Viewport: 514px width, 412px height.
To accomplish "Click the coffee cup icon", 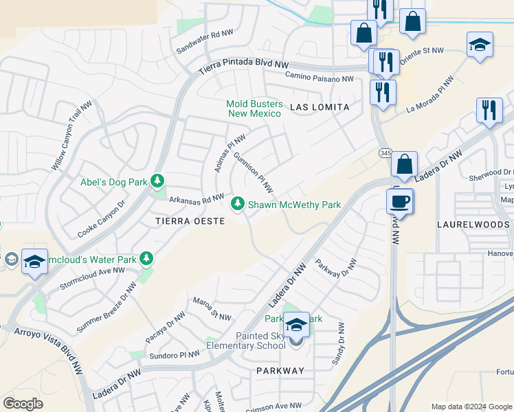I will tap(399, 201).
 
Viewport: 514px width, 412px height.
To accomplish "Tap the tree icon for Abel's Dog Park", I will tap(158, 181).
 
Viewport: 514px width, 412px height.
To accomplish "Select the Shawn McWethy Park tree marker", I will tap(238, 204).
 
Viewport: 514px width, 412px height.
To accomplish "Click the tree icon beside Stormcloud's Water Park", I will tap(146, 258).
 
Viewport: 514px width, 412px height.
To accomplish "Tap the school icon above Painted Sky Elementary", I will tap(296, 323).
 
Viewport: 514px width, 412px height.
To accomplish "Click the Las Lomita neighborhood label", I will tap(320, 108).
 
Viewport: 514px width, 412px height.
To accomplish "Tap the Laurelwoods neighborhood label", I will tap(473, 225).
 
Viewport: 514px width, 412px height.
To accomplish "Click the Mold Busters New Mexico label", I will tap(254, 108).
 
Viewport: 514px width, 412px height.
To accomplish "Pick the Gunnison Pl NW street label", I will tap(254, 172).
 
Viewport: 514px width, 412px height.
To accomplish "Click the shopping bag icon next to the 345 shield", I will tap(405, 164).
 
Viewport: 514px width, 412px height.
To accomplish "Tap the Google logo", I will tap(23, 404).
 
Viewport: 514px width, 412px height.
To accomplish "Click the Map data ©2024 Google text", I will tap(471, 406).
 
